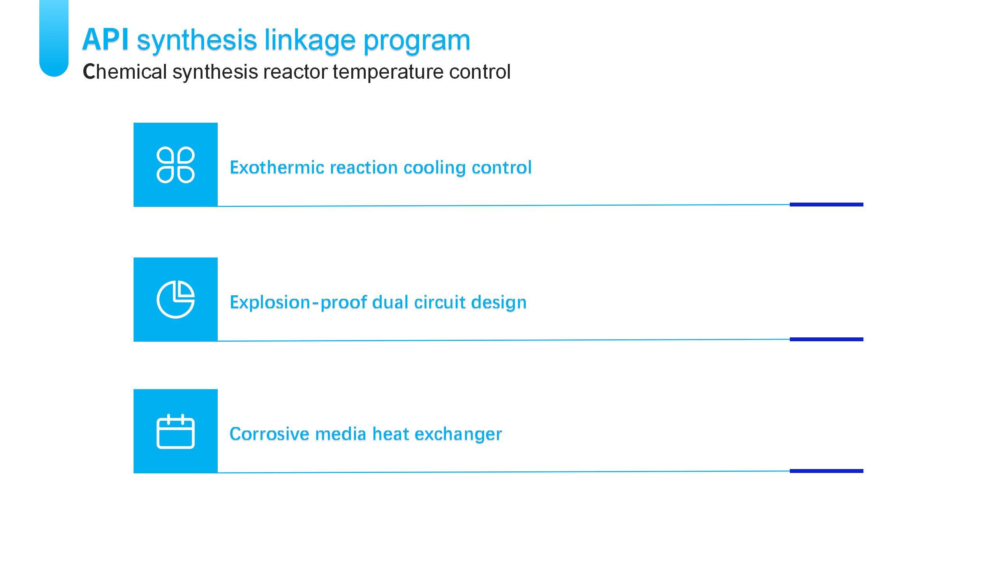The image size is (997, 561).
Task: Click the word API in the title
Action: point(106,39)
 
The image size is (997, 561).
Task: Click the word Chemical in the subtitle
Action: point(125,72)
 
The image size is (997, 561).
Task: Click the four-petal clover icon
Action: point(176,165)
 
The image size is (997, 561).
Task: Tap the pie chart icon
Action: point(176,299)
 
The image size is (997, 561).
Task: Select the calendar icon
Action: point(176,431)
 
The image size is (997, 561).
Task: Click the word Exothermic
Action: point(277,168)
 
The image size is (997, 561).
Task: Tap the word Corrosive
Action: point(270,434)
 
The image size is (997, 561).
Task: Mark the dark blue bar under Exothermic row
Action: point(826,205)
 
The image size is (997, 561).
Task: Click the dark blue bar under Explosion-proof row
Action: point(826,339)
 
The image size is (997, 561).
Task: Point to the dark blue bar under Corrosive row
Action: point(826,471)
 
